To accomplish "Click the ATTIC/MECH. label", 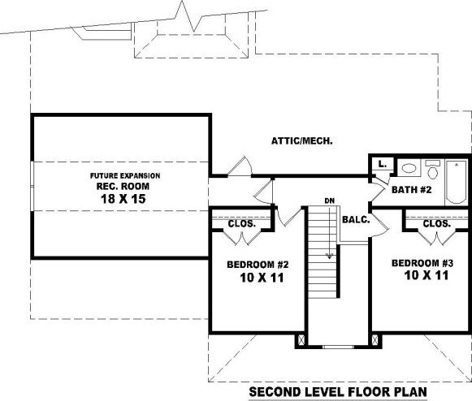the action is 302,140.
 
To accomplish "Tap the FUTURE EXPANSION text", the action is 125,175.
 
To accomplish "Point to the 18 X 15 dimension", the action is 123,199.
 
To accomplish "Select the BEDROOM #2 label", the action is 258,265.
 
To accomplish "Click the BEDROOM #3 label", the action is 422,263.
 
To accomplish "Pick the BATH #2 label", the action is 412,190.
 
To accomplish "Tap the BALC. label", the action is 356,220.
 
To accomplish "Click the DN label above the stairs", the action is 330,200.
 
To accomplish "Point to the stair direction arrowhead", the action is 330,256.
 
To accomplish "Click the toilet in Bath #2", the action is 433,170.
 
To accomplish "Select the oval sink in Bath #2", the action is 409,168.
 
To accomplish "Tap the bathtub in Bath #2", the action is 457,182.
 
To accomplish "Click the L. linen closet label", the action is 382,164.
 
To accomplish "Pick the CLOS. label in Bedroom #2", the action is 242,224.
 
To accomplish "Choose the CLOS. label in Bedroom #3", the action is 437,223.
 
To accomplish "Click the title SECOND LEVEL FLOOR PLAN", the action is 338,392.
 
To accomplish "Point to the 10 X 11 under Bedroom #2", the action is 262,278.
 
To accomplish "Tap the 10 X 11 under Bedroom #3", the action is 427,275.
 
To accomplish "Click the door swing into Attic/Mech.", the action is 240,166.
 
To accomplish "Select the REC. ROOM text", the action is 123,186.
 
